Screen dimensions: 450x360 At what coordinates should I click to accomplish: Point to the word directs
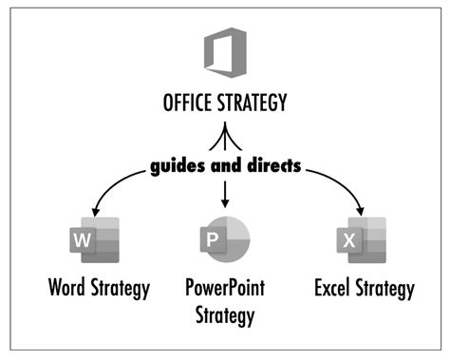pos(271,164)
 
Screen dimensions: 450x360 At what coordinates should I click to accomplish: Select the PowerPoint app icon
pos(225,238)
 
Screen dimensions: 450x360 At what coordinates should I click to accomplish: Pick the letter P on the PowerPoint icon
pos(213,240)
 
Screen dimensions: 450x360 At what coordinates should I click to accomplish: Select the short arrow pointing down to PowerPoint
pos(226,195)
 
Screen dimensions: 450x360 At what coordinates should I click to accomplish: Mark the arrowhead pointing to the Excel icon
pos(362,211)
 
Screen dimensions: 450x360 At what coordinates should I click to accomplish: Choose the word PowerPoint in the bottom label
pos(225,289)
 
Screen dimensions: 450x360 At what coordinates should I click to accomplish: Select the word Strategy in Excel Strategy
pos(385,289)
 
